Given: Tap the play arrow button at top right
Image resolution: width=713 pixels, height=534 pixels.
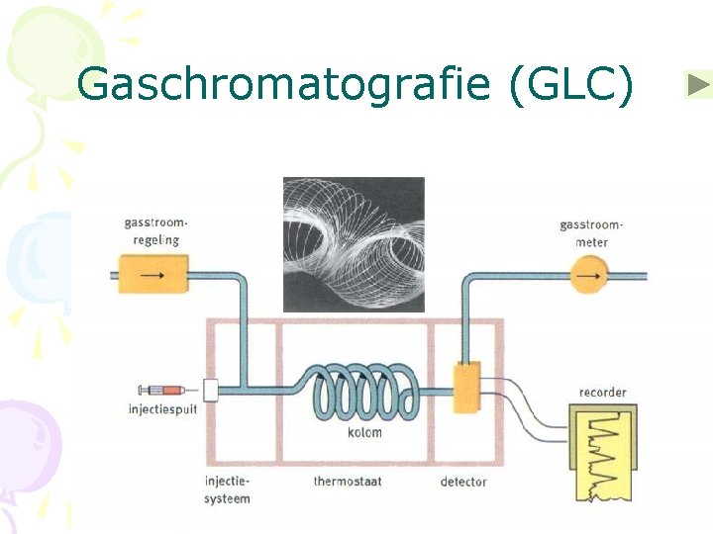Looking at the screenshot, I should pos(698,85).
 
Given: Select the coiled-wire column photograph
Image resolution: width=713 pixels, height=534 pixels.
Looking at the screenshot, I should pos(354,243).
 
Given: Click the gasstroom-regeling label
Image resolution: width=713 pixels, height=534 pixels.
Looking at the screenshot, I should pos(153,231).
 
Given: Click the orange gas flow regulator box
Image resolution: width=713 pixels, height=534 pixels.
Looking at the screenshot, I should pos(153,274).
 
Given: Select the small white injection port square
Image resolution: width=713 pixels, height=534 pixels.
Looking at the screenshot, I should pos(210,390).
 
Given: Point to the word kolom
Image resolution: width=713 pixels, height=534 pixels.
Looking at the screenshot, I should pos(363,433).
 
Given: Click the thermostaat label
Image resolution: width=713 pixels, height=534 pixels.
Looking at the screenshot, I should pos(348,482).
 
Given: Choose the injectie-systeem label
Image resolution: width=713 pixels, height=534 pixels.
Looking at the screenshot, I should pos(228,489).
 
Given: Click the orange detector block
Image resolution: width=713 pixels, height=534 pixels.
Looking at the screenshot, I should pos(465,388).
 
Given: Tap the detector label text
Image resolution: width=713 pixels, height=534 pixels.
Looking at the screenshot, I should pos(463,482).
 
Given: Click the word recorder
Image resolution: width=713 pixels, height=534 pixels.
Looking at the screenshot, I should pos(603,393).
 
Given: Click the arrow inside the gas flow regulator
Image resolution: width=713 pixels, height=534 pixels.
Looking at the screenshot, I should pos(153,274).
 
